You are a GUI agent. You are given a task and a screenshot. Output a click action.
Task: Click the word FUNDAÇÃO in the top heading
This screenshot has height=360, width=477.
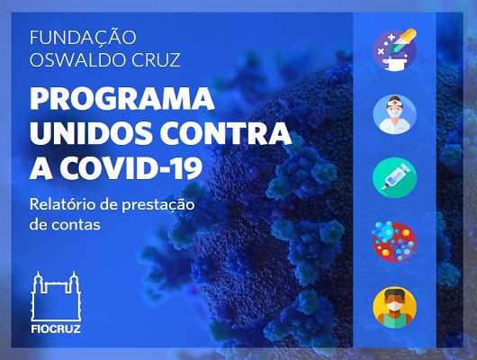tap(83, 37)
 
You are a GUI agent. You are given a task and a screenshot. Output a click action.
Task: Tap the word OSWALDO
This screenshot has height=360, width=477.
tap(78, 59)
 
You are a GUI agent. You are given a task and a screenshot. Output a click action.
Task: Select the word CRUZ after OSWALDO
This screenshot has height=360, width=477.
tap(156, 59)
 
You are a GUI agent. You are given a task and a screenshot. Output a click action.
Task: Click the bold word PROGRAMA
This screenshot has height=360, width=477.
tap(122, 98)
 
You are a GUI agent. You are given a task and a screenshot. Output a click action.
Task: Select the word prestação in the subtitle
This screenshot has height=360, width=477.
tap(158, 205)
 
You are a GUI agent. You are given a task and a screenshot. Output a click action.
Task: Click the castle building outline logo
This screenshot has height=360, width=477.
tap(56, 296)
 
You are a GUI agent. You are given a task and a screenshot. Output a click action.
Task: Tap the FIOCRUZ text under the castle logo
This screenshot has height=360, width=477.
tap(56, 329)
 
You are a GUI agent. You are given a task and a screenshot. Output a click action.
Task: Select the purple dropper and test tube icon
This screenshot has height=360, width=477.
tap(395, 49)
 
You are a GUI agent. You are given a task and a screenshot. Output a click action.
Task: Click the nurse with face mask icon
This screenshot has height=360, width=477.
tap(395, 114)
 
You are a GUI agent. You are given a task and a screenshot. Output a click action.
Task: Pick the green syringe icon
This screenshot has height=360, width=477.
tap(395, 177)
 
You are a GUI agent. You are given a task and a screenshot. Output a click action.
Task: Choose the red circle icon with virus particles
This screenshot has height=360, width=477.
tap(394, 241)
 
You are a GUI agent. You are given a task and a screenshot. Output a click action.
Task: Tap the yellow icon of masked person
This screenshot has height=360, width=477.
tap(395, 307)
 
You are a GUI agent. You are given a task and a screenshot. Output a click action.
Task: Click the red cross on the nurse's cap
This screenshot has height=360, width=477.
tap(394, 102)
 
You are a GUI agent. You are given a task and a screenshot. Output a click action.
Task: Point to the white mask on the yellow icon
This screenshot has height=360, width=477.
tap(394, 305)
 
